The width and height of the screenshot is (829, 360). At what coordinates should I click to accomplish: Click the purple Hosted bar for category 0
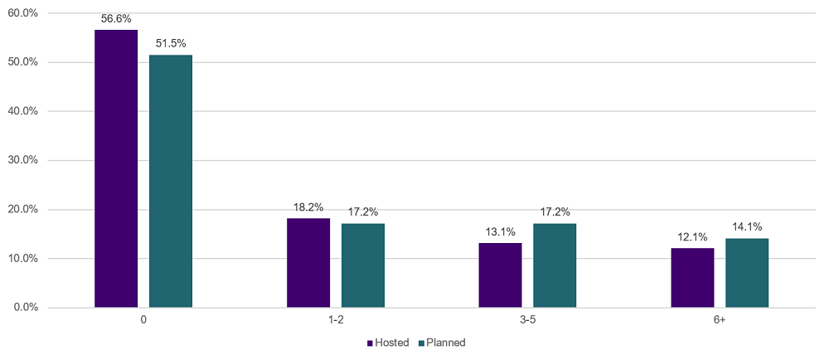[116, 168]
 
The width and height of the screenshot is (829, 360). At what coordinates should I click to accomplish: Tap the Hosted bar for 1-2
[308, 263]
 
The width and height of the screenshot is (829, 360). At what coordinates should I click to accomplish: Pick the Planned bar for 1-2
[363, 265]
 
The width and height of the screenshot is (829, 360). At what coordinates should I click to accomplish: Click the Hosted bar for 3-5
[500, 275]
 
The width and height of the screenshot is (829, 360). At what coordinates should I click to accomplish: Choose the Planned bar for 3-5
[555, 265]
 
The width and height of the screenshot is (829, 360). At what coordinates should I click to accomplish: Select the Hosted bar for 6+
[692, 278]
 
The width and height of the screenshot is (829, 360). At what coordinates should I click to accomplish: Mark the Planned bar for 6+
[747, 273]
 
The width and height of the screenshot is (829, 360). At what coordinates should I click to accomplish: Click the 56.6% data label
[116, 19]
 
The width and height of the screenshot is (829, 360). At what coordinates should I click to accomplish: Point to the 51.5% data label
[171, 43]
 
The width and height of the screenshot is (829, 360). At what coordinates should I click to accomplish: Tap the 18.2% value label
[308, 207]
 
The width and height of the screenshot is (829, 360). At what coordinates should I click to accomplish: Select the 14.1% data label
[747, 226]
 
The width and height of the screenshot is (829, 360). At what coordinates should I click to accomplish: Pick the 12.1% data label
[692, 236]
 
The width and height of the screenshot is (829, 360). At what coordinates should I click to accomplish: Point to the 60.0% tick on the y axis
[22, 13]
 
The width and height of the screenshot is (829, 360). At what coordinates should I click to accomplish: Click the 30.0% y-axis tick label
[22, 160]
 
